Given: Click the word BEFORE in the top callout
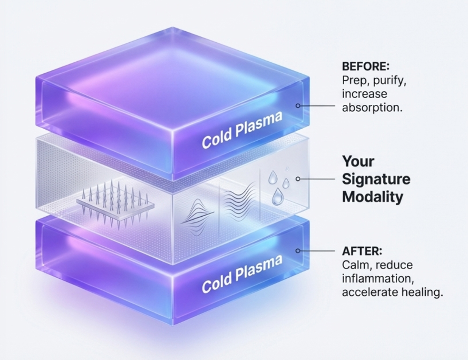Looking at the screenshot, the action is pos(365,67).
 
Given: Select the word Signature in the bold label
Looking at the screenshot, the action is pos(376,179).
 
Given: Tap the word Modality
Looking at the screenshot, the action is pos(372,197).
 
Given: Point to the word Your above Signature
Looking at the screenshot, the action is pos(358,161).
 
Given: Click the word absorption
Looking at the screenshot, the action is pos(372,107).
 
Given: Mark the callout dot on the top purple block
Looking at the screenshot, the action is pos(298,106).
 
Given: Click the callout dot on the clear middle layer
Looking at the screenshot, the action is pos(298,179).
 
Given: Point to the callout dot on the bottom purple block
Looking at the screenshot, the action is pos(298,251).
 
